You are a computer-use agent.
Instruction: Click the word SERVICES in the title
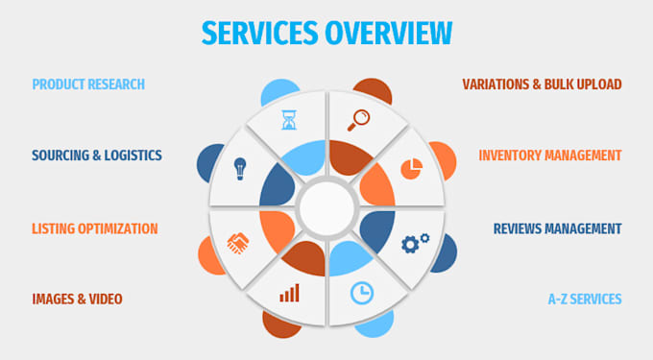pos(259,33)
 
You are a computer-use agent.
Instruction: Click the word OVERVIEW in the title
pos(389,33)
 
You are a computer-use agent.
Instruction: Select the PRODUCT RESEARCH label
pos(88,84)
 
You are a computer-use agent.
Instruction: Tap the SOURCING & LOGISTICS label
pos(97,156)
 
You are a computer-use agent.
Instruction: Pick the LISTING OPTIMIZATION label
pos(95,228)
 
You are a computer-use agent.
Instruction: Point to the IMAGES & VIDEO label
pos(77,299)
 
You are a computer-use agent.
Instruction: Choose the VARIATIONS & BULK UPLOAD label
pos(542,84)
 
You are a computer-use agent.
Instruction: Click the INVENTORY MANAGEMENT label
pos(550,156)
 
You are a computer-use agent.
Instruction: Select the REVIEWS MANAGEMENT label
pos(557,228)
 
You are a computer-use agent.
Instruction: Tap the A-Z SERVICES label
pos(585,299)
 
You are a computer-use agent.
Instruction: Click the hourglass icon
pos(289,120)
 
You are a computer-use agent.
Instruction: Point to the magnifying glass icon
pos(358,120)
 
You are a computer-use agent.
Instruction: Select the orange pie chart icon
pos(411,169)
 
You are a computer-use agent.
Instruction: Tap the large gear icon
pos(410,245)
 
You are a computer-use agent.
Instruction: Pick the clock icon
pos(361,294)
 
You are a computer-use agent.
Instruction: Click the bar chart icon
pos(289,293)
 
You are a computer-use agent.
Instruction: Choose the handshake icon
pos(238,244)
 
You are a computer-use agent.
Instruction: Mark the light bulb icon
pos(240,169)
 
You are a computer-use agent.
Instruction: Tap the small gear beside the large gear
pos(424,238)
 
